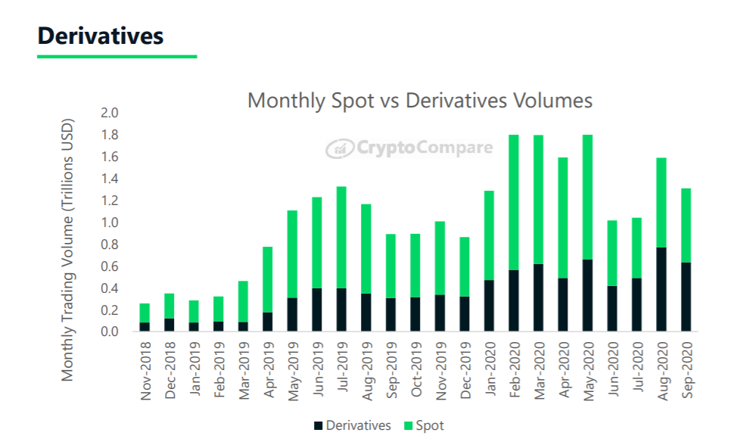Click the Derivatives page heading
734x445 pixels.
click(101, 36)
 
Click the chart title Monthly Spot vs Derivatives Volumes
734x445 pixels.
click(420, 101)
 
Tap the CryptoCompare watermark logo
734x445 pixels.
click(409, 148)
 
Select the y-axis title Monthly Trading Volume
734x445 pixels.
click(68, 249)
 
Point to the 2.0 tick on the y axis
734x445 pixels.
click(110, 113)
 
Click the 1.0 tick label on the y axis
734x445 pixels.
click(110, 222)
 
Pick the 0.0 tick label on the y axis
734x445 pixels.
click(110, 332)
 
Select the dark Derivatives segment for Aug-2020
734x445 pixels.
click(661, 289)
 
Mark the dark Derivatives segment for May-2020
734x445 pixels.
click(588, 295)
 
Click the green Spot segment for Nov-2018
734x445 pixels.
click(145, 313)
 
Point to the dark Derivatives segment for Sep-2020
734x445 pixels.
click(686, 297)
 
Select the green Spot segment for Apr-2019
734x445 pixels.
click(267, 279)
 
